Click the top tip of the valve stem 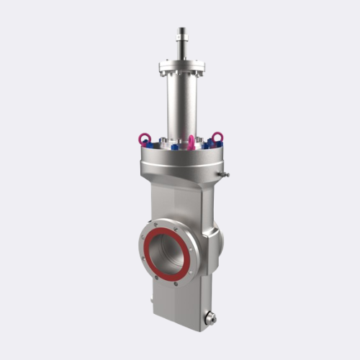tap(181, 30)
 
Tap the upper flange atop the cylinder tap(181, 68)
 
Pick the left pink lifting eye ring tap(145, 138)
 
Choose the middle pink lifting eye tap(192, 140)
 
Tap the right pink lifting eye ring tap(217, 136)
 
